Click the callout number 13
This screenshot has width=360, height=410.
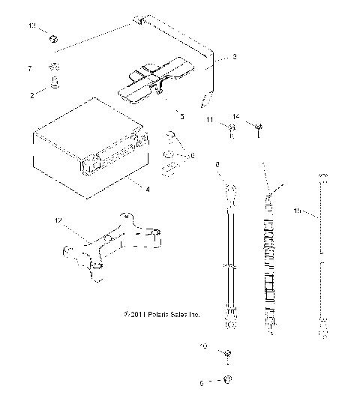32,26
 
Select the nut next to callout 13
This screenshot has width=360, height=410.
53,38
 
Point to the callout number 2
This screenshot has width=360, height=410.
32,94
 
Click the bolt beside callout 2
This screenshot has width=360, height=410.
54,84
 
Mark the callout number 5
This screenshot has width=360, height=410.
180,116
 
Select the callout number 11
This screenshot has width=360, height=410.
211,119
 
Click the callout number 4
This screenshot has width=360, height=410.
148,190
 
